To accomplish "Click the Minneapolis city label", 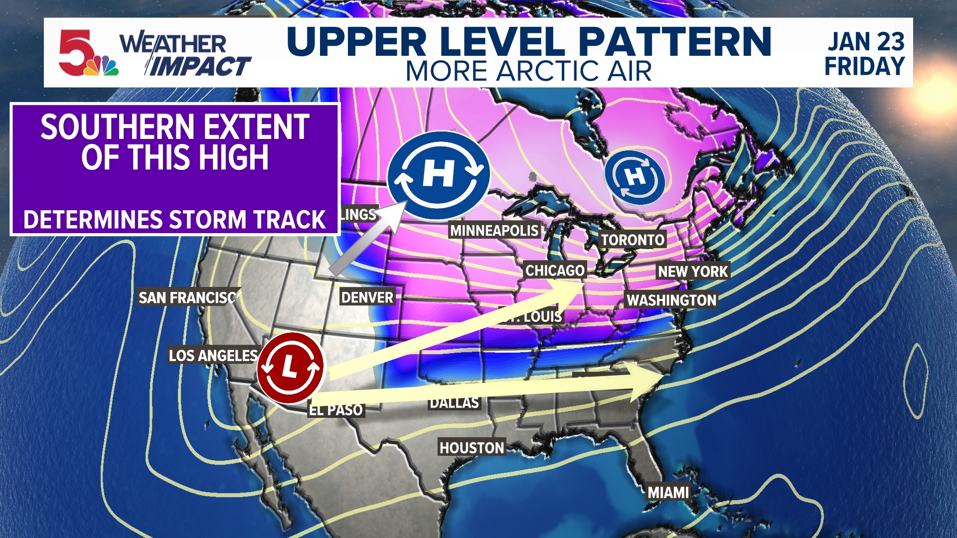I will pyautogui.click(x=494, y=230).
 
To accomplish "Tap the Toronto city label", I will pyautogui.click(x=632, y=240).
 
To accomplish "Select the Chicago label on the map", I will pyautogui.click(x=555, y=270).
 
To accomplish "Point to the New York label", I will pyautogui.click(x=693, y=271).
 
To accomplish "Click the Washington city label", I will pyautogui.click(x=671, y=300).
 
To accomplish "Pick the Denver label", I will pyautogui.click(x=367, y=297).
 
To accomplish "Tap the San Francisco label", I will pyautogui.click(x=188, y=297).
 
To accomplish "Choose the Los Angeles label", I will pyautogui.click(x=213, y=355).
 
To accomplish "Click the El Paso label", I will pyautogui.click(x=336, y=410).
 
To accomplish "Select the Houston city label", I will pyautogui.click(x=472, y=447).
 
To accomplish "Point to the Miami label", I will pyautogui.click(x=668, y=492).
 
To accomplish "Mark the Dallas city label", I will pyautogui.click(x=454, y=403).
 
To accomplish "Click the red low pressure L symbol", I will pyautogui.click(x=290, y=368).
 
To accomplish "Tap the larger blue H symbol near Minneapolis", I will pyautogui.click(x=439, y=175).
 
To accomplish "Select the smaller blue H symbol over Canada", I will pyautogui.click(x=635, y=177).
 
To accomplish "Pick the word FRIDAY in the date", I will pyautogui.click(x=865, y=66).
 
